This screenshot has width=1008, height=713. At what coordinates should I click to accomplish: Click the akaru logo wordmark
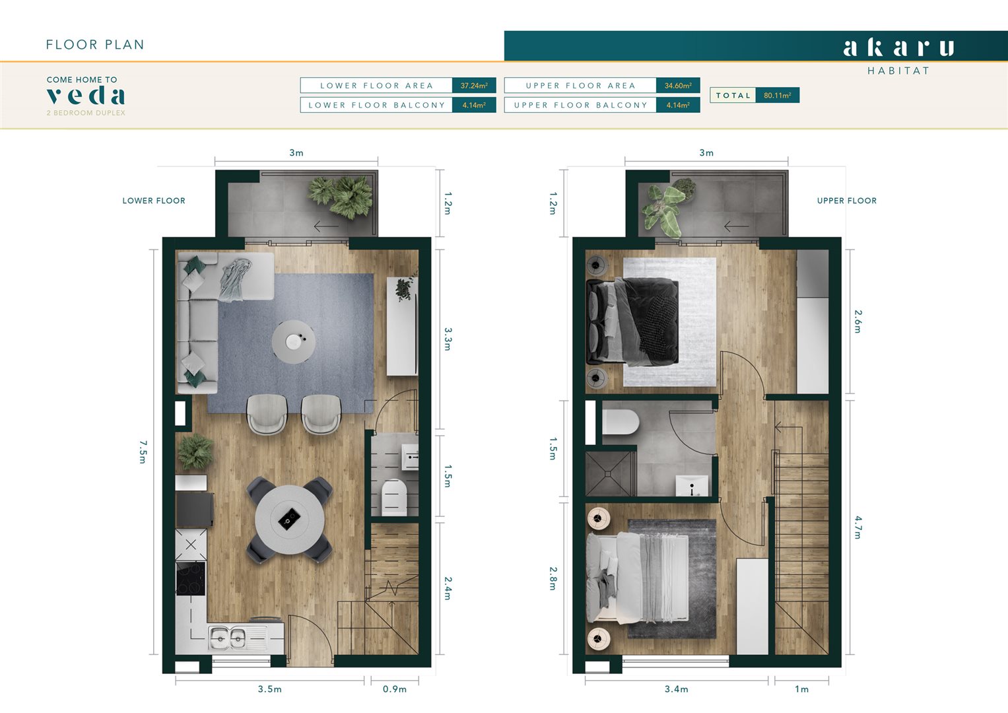(x=898, y=48)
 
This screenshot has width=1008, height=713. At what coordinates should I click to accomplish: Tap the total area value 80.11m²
(x=777, y=95)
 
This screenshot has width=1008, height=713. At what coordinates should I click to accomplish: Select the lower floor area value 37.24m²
(x=473, y=85)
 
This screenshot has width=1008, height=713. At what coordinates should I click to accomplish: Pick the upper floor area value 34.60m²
(x=677, y=85)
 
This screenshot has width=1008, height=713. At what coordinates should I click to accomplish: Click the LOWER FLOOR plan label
(x=154, y=201)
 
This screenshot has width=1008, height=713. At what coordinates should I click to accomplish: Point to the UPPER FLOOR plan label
(x=846, y=201)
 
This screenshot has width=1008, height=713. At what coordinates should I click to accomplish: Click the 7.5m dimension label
(x=143, y=452)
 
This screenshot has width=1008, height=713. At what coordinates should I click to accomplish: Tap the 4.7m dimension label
(x=857, y=527)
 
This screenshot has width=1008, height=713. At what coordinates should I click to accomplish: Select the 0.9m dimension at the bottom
(x=394, y=689)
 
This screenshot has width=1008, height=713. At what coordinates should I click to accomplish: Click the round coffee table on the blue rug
(x=293, y=341)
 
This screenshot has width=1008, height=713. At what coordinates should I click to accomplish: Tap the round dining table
(x=289, y=520)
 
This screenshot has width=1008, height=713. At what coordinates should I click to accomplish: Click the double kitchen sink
(x=228, y=638)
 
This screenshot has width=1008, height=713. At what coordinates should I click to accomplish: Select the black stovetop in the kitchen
(x=190, y=578)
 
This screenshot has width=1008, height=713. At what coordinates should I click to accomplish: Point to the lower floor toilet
(x=394, y=496)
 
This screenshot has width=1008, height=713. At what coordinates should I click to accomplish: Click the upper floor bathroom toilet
(x=619, y=423)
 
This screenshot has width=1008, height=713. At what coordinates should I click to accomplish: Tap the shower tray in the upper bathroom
(x=610, y=473)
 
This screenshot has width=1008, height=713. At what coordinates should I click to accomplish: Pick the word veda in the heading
(x=86, y=96)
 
